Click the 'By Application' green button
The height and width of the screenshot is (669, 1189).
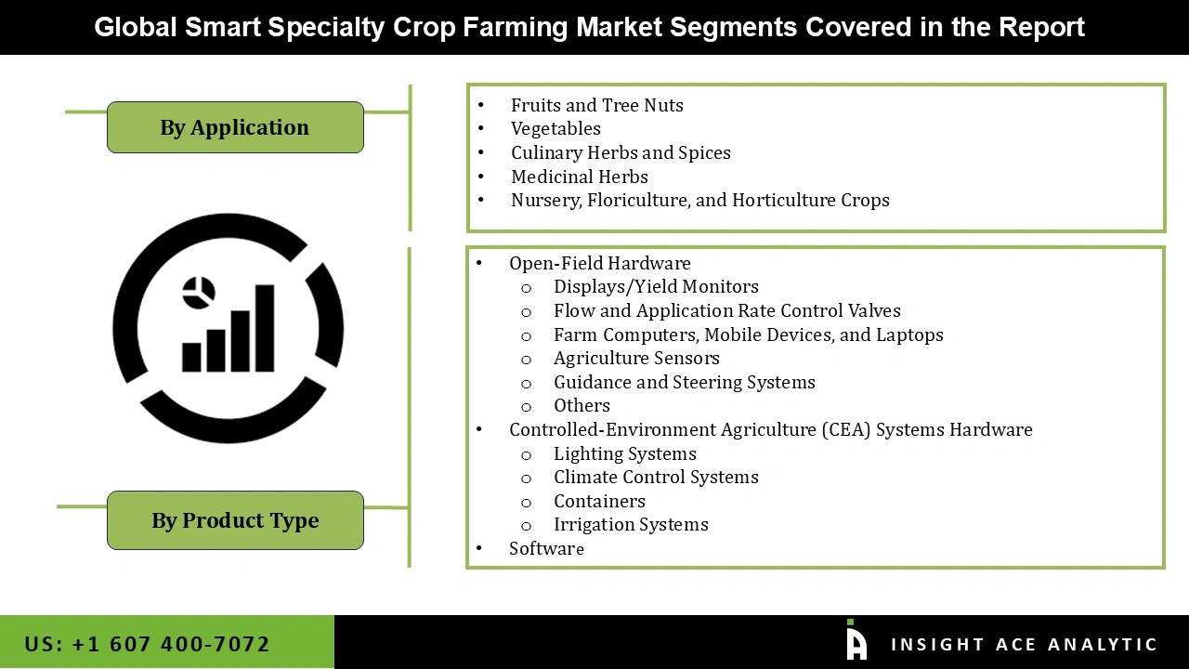point(235,127)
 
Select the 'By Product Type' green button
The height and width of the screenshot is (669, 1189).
point(235,520)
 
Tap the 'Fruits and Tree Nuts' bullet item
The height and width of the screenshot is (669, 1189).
point(596,105)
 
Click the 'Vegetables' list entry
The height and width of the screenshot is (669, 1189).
point(555,129)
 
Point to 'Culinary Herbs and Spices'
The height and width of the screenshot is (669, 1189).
point(621,152)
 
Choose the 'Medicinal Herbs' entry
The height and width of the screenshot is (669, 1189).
point(579,177)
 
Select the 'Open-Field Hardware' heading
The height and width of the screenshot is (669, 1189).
point(599,263)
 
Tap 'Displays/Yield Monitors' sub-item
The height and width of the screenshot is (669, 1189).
point(656,287)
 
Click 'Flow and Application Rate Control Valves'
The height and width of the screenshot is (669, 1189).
point(726,310)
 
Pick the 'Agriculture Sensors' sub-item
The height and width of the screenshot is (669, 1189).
point(636,358)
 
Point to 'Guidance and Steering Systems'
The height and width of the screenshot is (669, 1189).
point(684,382)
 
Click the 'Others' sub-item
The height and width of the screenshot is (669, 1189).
point(581,405)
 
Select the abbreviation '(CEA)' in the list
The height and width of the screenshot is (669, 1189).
point(845,429)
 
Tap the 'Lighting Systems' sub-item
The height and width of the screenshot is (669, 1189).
point(624,453)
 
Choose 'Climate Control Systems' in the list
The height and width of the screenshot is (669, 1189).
point(656,477)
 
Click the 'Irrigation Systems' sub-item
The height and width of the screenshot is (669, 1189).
point(631,524)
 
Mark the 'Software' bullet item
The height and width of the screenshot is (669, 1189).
point(546,548)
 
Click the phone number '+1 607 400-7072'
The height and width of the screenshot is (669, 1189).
point(170,644)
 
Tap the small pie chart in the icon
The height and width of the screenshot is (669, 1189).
point(199,293)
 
